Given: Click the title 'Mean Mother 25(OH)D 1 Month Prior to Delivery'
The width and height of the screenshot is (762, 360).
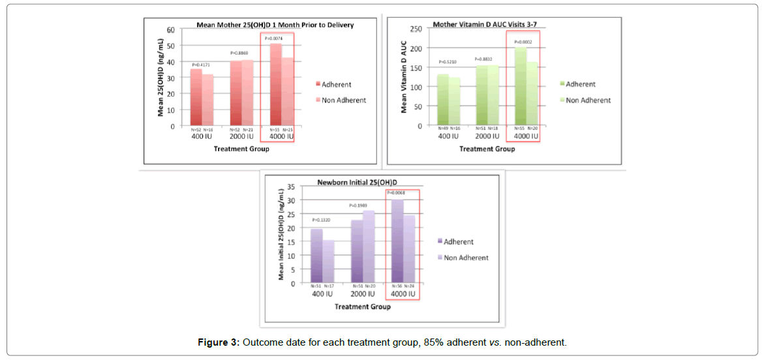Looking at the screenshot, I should click(275, 25).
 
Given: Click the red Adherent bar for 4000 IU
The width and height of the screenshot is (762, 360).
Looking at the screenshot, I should click(275, 85).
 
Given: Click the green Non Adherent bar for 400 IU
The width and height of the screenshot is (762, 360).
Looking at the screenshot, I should click(453, 102).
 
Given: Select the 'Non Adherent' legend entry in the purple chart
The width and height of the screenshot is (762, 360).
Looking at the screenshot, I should click(466, 258).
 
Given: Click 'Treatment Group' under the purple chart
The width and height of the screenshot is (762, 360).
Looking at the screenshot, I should click(363, 307).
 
